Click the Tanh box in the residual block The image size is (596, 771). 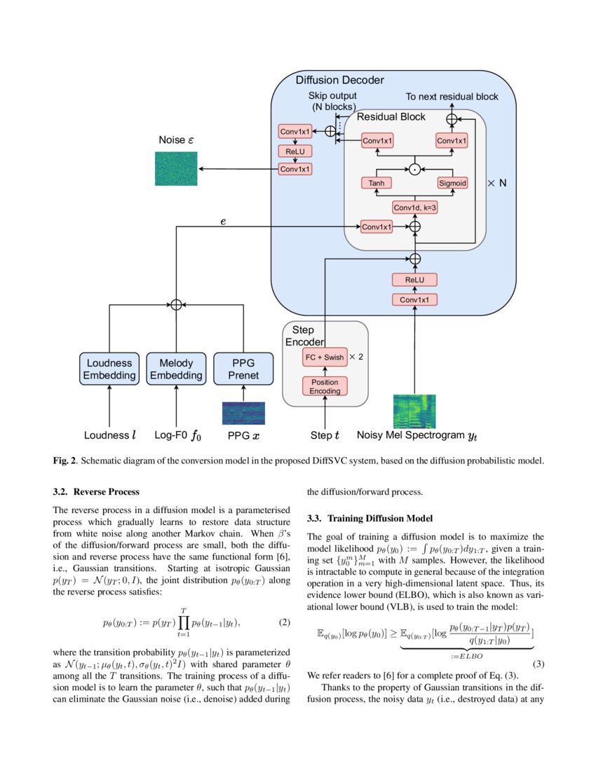pos(377,183)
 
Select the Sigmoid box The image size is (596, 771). pos(452,183)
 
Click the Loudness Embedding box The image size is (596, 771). pos(109,369)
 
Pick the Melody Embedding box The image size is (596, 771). pos(176,369)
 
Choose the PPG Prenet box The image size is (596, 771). pos(243,369)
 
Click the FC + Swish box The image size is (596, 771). pos(325,357)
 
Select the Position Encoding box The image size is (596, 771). pos(325,386)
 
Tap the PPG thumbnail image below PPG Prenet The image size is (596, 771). pos(243,414)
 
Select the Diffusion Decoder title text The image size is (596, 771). pos(339,81)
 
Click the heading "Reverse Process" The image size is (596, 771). pos(106,491)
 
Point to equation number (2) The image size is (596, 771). pos(285,622)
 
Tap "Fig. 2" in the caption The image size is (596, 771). pos(65,460)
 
